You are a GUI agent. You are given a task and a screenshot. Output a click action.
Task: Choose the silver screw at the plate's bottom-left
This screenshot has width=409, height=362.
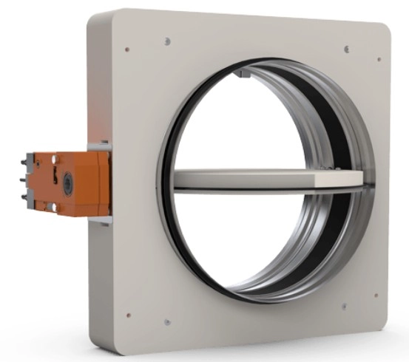click(168, 322)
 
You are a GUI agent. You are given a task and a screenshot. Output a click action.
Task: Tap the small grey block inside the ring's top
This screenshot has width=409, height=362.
click(242, 75)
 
